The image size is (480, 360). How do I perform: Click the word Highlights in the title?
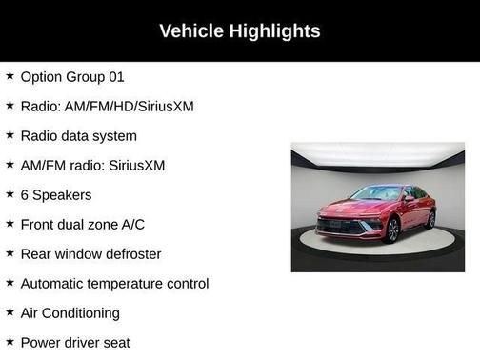[x=274, y=31]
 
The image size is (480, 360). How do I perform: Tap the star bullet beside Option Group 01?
[x=10, y=76]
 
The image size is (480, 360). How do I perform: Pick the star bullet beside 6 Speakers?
[x=10, y=194]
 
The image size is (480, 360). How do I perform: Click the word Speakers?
[x=62, y=195]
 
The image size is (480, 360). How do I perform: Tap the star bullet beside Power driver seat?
[x=10, y=341]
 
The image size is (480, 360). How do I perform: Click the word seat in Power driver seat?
[x=114, y=343]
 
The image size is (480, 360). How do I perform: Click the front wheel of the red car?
[x=391, y=230]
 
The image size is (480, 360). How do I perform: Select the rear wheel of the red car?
[x=430, y=218]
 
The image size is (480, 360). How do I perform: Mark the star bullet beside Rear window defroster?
[x=10, y=253]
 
